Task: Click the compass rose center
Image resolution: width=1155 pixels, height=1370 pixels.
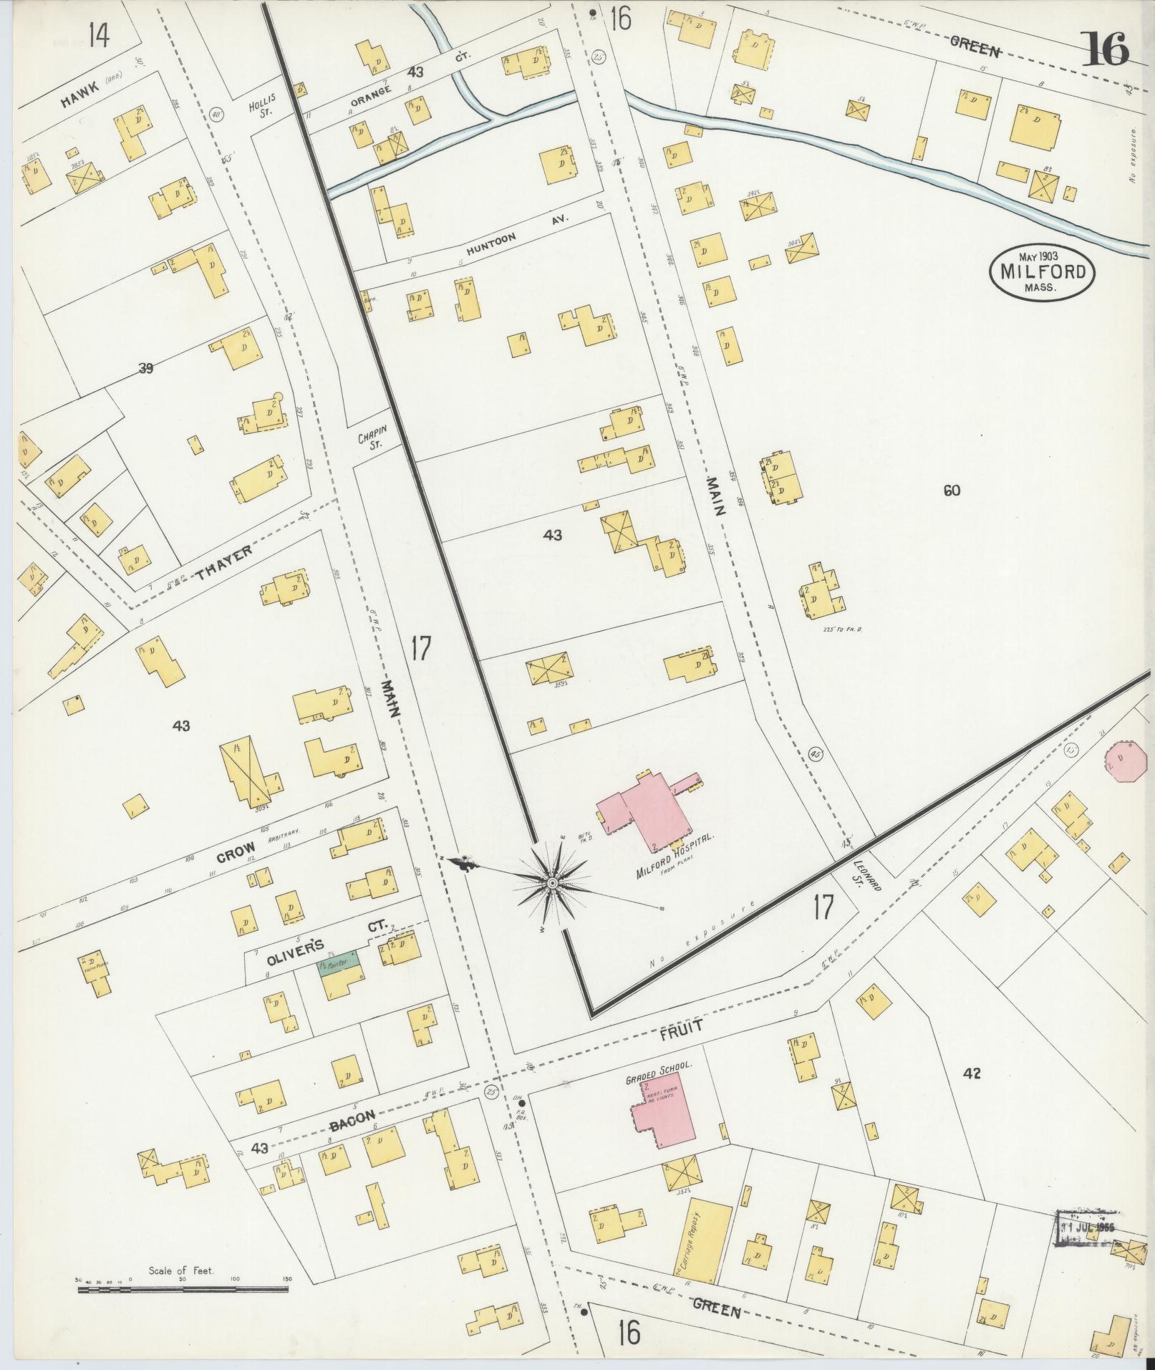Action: pos(552,884)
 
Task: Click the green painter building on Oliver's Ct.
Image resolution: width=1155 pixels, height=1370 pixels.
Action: pos(339,968)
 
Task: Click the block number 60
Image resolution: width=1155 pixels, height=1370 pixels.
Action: pos(952,491)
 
